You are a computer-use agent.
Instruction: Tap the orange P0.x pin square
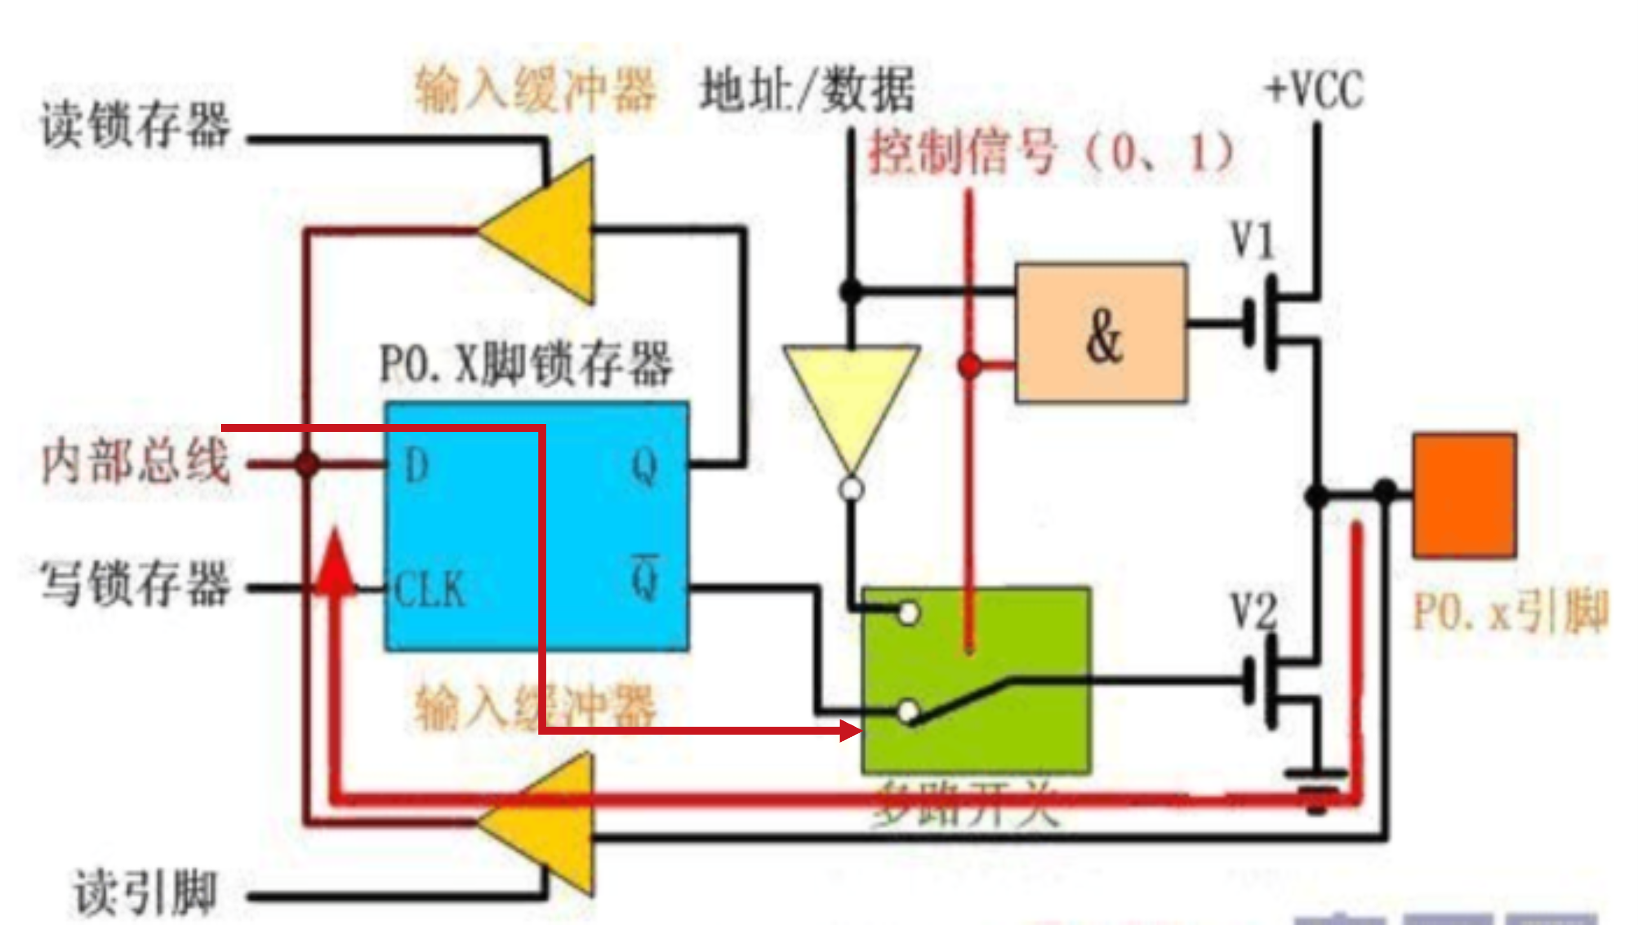point(1465,495)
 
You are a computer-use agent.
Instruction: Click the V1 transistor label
point(1253,241)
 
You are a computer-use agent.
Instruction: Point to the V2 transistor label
point(1253,610)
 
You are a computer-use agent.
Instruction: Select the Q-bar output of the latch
point(645,578)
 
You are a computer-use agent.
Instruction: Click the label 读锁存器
point(135,125)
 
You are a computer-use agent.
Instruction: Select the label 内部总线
point(135,462)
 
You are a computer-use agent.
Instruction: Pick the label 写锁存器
point(135,583)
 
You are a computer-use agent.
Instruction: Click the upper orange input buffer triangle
point(547,231)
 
